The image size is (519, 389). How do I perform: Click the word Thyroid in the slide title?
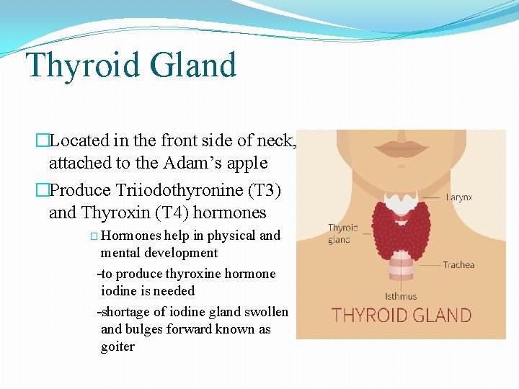(82, 66)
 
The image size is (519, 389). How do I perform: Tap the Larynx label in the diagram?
(459, 197)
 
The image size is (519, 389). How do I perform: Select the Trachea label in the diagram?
(458, 264)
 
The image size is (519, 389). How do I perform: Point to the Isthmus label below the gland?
(401, 295)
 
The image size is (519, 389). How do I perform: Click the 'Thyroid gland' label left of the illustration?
(343, 233)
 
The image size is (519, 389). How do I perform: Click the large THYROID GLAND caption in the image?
(401, 316)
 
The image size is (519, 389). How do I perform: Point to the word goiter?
(117, 346)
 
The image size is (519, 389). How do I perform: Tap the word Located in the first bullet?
(79, 140)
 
